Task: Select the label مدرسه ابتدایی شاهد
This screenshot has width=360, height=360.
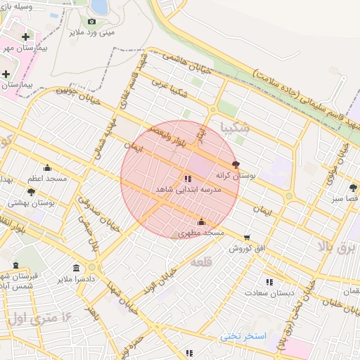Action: coord(188,191)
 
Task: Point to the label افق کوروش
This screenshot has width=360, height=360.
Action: coord(247,249)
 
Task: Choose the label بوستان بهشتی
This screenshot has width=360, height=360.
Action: coord(32,202)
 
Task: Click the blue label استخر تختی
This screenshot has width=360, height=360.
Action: coord(243,336)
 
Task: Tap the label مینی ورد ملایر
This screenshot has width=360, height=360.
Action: coord(97,32)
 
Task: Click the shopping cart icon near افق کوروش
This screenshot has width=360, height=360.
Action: coord(247,238)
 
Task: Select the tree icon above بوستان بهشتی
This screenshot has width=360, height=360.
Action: coord(31,191)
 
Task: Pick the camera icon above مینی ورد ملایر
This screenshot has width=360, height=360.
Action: coord(91,21)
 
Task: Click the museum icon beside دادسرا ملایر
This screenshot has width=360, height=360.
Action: coord(76,269)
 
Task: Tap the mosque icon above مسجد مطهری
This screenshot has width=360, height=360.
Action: coord(201,221)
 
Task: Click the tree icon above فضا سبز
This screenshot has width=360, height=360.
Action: coord(353,188)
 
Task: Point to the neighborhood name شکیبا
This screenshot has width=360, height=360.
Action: coord(234,128)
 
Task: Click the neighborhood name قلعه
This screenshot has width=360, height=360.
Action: coord(200,262)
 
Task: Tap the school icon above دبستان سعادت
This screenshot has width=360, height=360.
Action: coord(269,282)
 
